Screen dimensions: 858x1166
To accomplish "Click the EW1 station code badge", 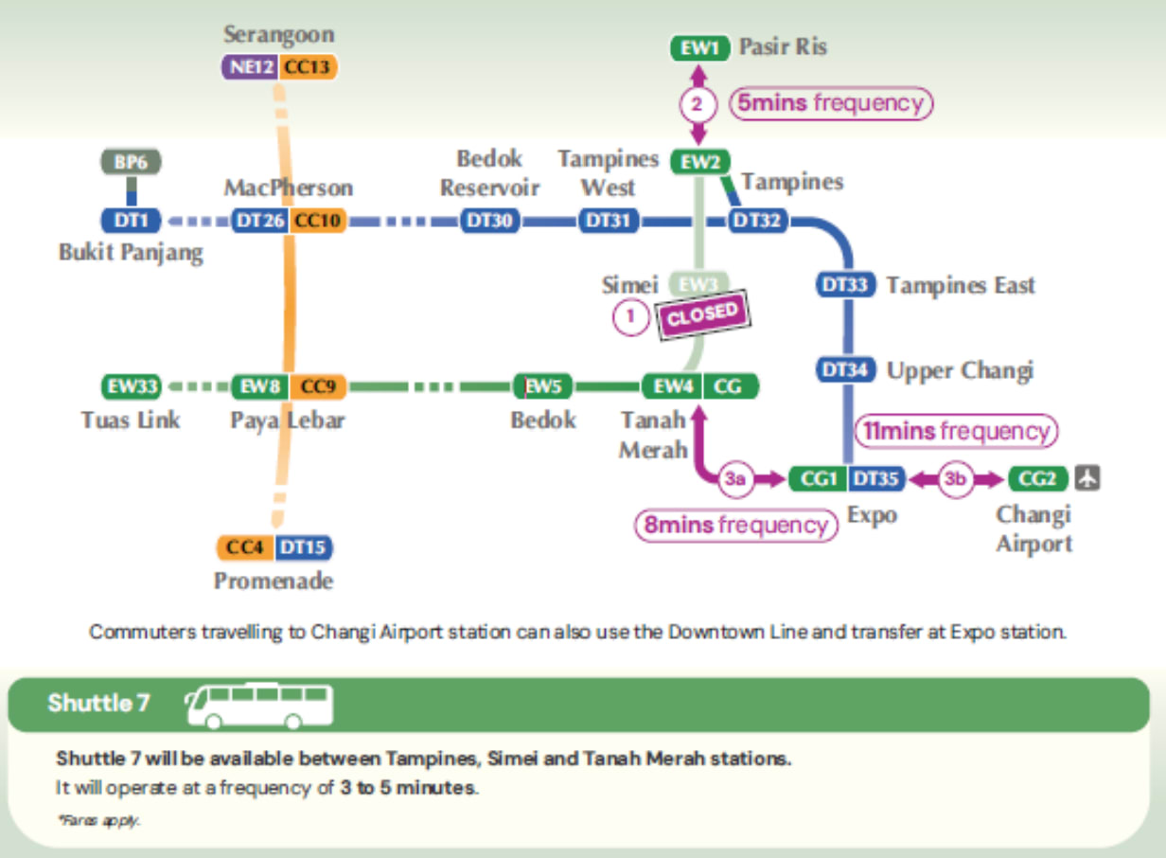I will tap(698, 48).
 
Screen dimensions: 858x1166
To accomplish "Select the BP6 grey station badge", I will tap(131, 162).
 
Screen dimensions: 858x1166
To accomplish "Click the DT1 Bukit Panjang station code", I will tap(132, 222).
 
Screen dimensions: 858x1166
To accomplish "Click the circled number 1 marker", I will tap(629, 316).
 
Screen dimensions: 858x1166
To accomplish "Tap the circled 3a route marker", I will tap(736, 480).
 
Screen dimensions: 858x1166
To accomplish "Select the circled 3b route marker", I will tap(956, 480).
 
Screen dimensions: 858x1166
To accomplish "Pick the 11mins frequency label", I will tap(956, 432).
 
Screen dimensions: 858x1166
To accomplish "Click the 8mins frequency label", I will tap(735, 525).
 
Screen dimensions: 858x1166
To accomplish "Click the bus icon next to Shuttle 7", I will tap(259, 705).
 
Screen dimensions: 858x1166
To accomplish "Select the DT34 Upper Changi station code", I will tap(845, 370).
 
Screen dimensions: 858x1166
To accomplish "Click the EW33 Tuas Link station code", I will tap(131, 386).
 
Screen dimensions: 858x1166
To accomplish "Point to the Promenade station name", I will tap(274, 581).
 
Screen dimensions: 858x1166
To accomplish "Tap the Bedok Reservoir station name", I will tap(489, 172).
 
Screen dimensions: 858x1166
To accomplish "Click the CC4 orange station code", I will tap(244, 547).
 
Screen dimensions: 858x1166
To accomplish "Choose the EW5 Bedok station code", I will tap(543, 386).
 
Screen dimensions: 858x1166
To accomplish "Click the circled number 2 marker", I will tap(698, 104).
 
